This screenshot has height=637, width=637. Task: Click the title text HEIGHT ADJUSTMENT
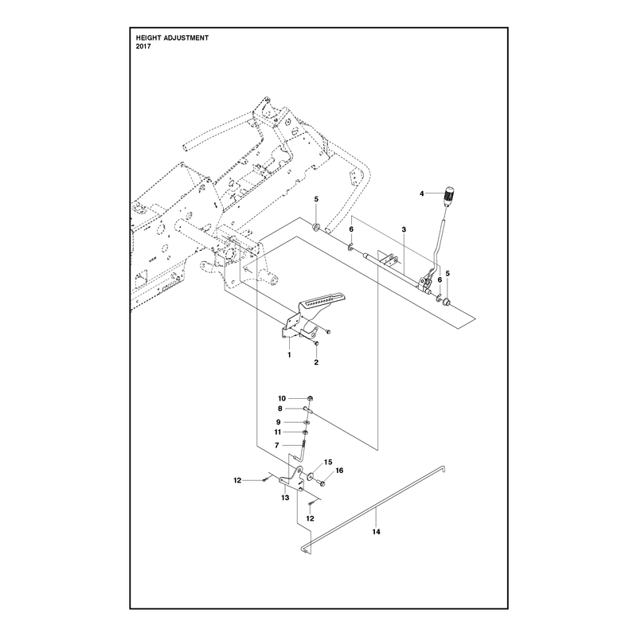pos(172,37)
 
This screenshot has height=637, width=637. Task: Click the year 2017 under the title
pos(143,46)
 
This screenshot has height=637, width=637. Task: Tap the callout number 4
pos(422,193)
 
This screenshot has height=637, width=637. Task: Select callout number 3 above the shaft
pos(404,229)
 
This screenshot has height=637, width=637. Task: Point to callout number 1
pos(289,354)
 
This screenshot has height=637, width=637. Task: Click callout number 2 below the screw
pos(316,362)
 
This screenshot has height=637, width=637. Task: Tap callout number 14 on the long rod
pos(376,532)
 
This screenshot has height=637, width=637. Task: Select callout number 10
pos(282,399)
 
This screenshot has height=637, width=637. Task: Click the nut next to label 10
pos(310,399)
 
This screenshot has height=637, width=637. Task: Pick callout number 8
pos(280,408)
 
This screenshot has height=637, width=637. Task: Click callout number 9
pos(278,422)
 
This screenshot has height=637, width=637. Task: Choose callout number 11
pos(277,432)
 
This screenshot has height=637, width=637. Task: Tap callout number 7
pos(277,446)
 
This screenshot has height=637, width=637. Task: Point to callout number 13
pos(285,498)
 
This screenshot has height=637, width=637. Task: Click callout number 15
pos(328,462)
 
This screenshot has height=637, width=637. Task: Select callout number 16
pos(340,471)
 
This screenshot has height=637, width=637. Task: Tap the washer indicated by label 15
pos(311,475)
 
